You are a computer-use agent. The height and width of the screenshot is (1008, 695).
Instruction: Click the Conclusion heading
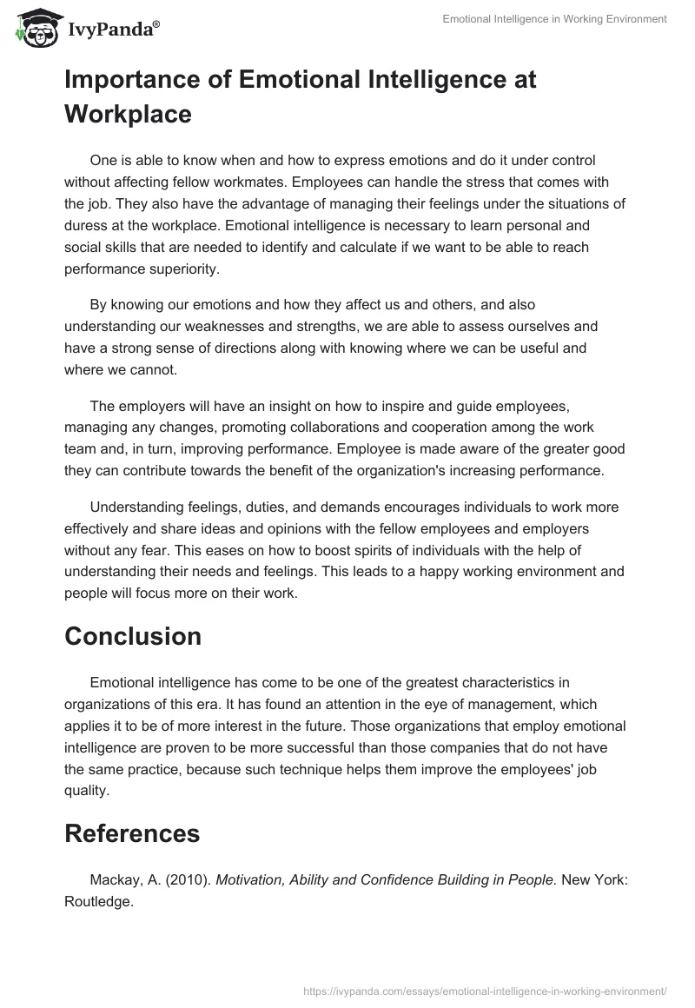click(x=133, y=635)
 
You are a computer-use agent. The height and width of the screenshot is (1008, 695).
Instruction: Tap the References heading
click(x=132, y=833)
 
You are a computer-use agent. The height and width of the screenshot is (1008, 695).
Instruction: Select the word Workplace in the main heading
click(x=128, y=114)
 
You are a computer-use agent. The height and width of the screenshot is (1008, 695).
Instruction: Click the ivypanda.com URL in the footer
click(x=485, y=990)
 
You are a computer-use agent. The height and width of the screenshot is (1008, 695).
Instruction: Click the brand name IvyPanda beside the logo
click(x=112, y=31)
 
